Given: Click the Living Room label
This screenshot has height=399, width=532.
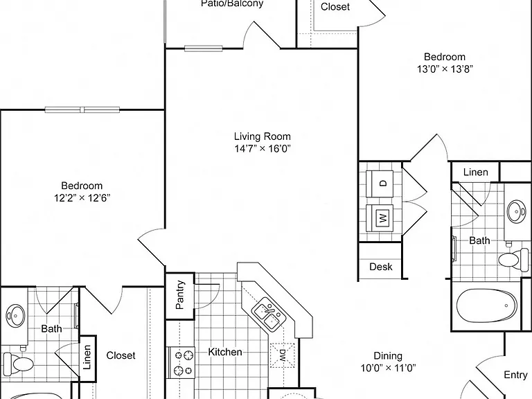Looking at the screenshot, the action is tap(263, 136).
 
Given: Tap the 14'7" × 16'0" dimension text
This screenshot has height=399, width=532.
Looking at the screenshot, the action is tap(263, 149).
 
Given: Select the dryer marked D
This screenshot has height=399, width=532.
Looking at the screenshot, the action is tap(380, 183).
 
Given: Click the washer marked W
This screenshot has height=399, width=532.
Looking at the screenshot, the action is tap(380, 218).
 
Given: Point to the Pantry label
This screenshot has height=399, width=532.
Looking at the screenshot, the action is tap(180, 294).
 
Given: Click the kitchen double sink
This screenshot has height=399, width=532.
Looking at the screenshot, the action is tap(269, 314).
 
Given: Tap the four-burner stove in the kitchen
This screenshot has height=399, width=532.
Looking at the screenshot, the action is tap(181, 362).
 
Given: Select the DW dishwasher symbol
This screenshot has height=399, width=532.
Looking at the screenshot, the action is tap(283, 355).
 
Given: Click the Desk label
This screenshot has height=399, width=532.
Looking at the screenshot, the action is tap(381, 267).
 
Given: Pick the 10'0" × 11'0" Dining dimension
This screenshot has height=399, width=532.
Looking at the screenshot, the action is tap(388, 368).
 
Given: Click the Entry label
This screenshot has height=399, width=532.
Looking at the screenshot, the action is tap(515, 375).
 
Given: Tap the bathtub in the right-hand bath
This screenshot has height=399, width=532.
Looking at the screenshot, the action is tap(486, 305).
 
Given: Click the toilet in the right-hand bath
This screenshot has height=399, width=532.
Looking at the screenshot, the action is tap(513, 259).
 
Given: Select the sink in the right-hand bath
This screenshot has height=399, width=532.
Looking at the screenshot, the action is tap(517, 211).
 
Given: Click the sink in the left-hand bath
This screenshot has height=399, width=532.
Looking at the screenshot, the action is tap(15, 316).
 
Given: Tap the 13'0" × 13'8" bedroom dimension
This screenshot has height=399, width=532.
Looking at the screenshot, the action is tap(445, 69).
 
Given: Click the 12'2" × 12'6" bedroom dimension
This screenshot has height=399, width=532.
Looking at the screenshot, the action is tap(82, 197).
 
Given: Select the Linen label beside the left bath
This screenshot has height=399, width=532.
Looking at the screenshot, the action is tap(87, 357).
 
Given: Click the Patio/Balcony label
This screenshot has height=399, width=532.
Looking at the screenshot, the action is tap(232, 3).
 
